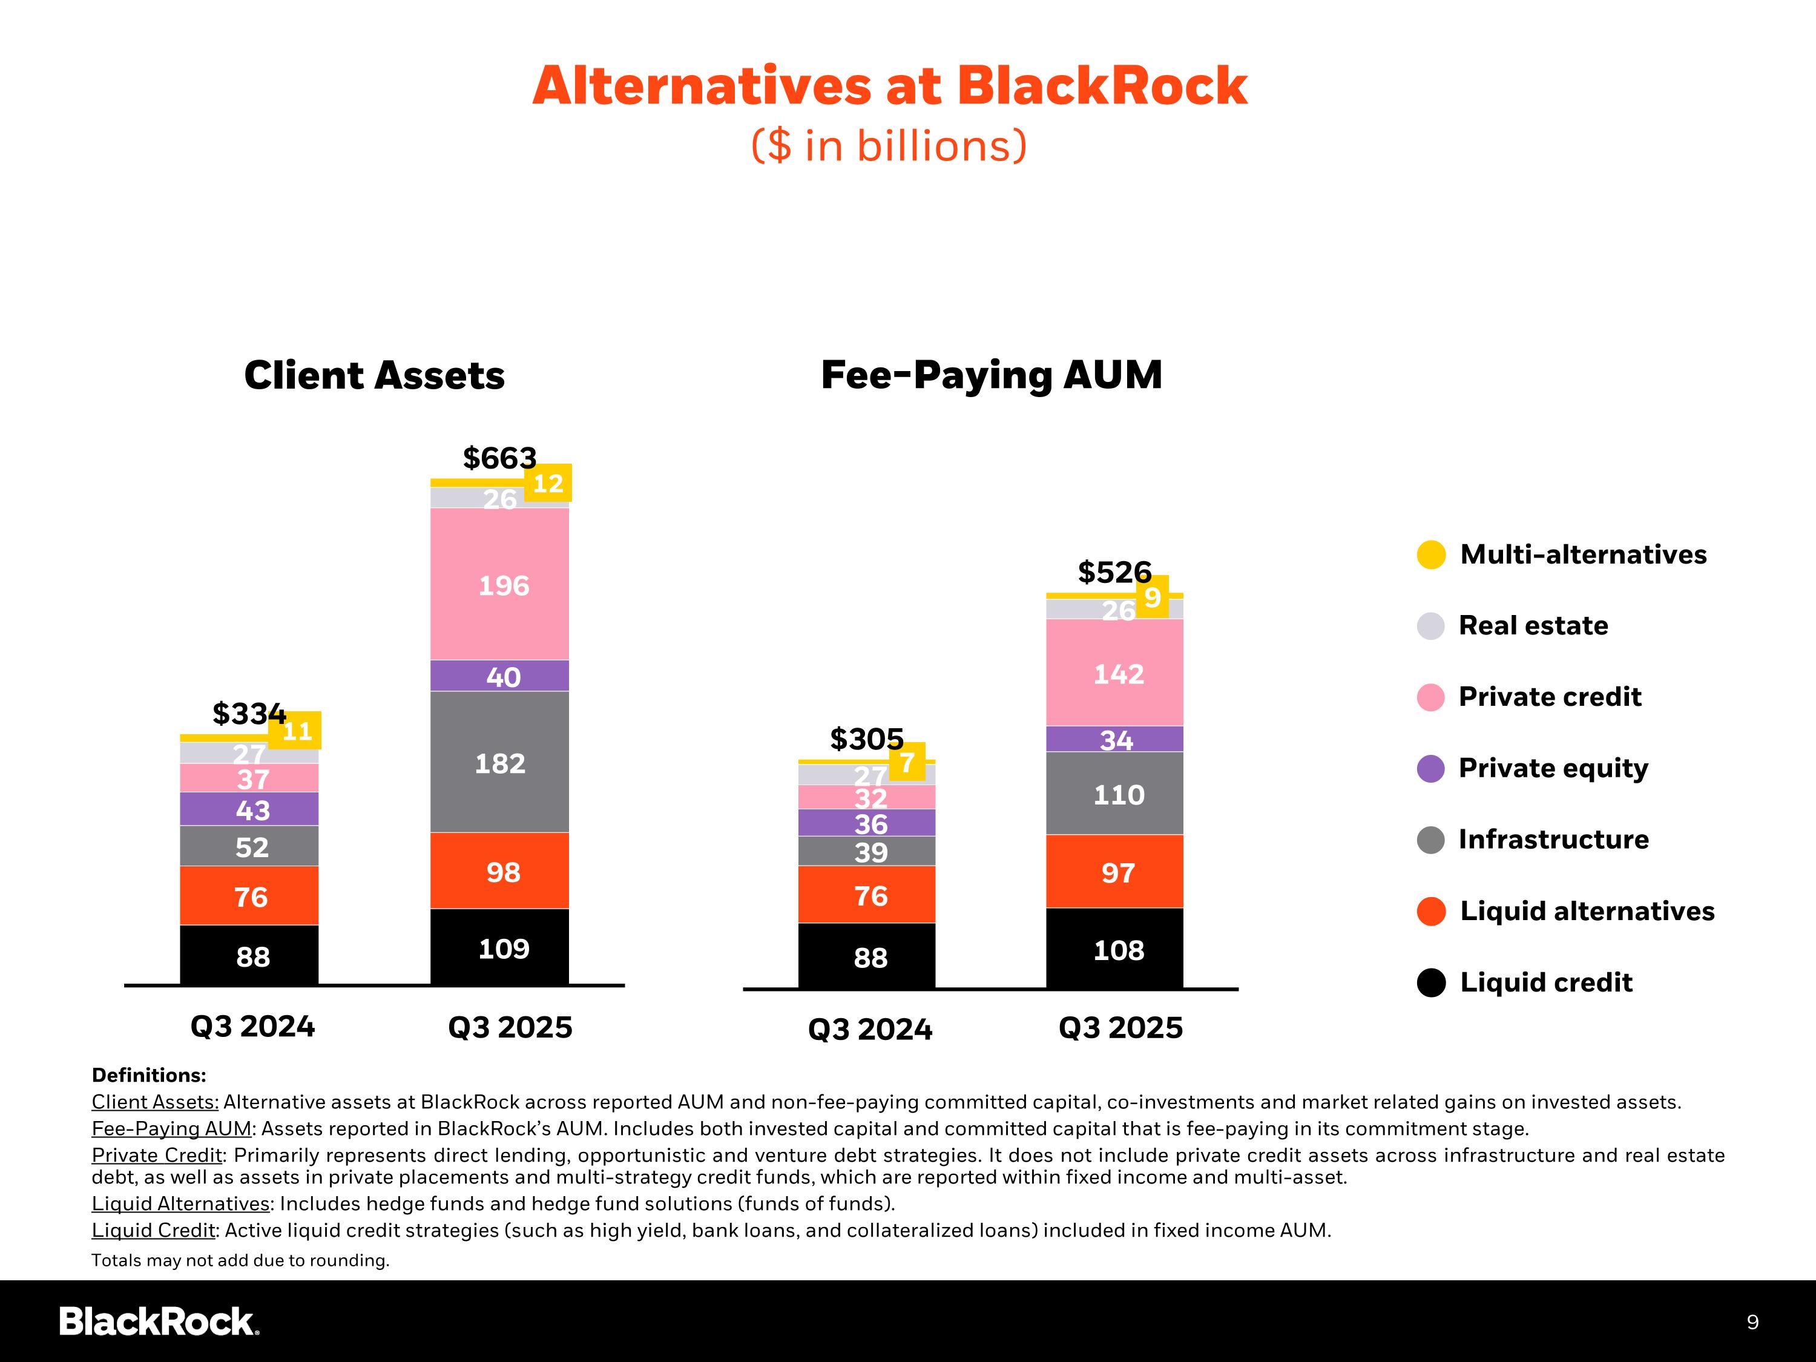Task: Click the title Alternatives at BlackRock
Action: [x=890, y=86]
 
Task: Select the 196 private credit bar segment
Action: [x=500, y=585]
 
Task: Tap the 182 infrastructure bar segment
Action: [x=500, y=763]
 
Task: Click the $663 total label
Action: [x=499, y=457]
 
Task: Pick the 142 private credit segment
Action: [x=1115, y=673]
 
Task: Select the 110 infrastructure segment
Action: [x=1115, y=794]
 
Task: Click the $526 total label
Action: [x=1114, y=571]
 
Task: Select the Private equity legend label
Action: [x=1553, y=768]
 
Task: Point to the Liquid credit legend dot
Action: [x=1431, y=982]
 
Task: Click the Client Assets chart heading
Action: [x=374, y=375]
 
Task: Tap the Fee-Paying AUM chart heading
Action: [x=992, y=375]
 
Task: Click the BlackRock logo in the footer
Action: [x=159, y=1321]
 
